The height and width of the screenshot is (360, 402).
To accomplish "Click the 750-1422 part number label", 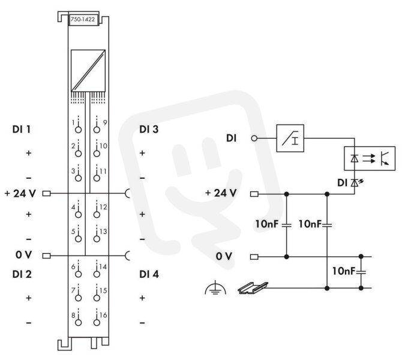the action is coord(83,19).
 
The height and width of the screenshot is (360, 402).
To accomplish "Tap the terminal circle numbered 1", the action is coord(78,130).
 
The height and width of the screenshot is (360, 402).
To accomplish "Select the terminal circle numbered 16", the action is coord(97,323).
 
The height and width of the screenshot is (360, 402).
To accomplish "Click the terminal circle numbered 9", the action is coord(97,130).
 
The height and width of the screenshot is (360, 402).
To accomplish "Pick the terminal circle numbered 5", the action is coord(78,239).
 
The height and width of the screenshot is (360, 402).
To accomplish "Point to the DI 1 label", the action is coord(22,129).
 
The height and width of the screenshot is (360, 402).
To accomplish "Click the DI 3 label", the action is coord(149,129).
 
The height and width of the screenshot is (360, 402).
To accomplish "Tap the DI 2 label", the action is coord(22,274).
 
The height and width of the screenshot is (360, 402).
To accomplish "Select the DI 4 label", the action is coord(149,274).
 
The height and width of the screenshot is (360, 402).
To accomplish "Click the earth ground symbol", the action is coord(215,288).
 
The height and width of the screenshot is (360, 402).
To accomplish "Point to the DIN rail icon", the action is coord(253,288).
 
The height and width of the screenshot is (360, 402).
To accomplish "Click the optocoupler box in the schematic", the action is coord(370,158).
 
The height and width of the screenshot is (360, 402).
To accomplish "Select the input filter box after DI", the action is coord(290,139).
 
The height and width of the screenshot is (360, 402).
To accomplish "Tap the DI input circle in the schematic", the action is coord(254,139).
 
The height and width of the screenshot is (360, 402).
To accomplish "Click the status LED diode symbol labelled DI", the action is coord(355,182).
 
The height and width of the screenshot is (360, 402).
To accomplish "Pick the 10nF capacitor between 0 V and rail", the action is coord(361,272).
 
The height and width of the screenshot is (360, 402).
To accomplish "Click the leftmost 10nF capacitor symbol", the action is coord(287,226).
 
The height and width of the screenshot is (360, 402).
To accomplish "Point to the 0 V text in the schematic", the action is coord(224,256).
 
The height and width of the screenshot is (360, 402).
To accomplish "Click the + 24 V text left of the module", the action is coord(20,193).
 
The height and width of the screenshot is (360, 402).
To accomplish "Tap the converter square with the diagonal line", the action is coord(88,71).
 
